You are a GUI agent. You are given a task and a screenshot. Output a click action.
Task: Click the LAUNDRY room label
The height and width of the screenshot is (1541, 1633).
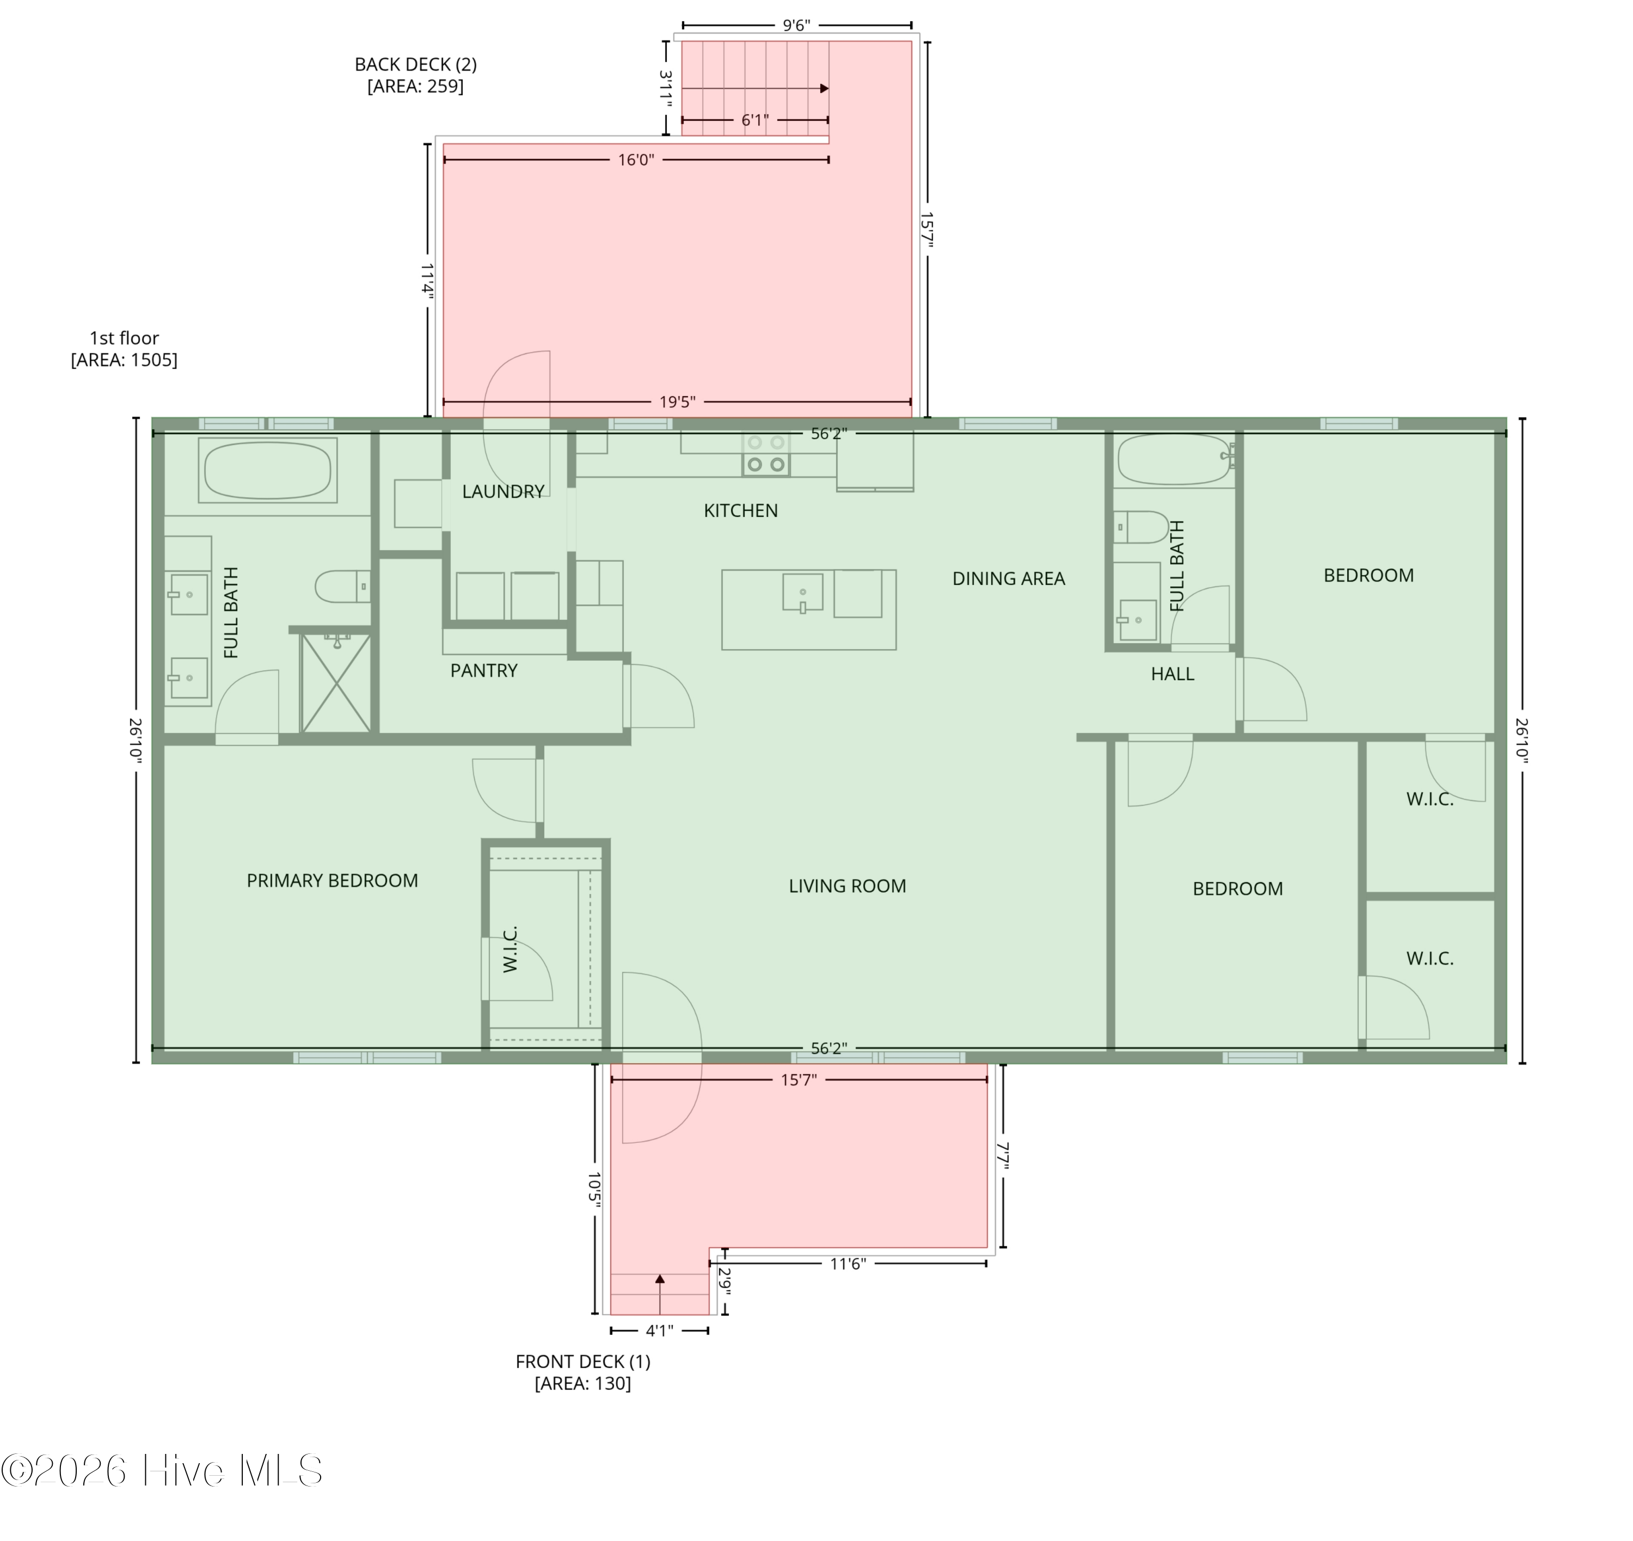click(x=503, y=491)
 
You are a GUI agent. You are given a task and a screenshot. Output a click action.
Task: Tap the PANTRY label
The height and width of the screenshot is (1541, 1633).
click(x=484, y=670)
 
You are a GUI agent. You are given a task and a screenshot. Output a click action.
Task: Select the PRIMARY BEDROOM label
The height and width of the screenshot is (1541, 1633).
click(x=332, y=880)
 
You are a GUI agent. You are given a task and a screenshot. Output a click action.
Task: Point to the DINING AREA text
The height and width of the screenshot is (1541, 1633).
click(x=1009, y=578)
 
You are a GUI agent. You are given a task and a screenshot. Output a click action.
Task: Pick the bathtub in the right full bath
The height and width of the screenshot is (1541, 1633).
click(x=1174, y=460)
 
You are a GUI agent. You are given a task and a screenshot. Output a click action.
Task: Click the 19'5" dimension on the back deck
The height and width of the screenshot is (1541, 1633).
click(x=677, y=402)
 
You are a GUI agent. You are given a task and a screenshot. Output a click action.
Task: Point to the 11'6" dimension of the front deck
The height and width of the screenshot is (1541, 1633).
click(x=848, y=1263)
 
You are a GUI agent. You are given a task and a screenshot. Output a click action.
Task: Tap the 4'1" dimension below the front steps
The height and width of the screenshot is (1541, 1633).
click(x=659, y=1330)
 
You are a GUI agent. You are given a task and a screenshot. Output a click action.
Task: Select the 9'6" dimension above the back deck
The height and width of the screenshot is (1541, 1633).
click(x=796, y=26)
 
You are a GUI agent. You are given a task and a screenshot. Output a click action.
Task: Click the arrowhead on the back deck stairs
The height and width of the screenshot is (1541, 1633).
click(x=824, y=89)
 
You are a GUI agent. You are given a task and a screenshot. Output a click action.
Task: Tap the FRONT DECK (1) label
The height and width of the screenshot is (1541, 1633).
click(x=582, y=1361)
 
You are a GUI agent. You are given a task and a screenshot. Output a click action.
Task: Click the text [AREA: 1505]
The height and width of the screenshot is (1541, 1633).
click(x=124, y=360)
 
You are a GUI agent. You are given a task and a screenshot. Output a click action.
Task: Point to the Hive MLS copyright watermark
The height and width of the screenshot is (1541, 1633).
click(x=162, y=1470)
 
